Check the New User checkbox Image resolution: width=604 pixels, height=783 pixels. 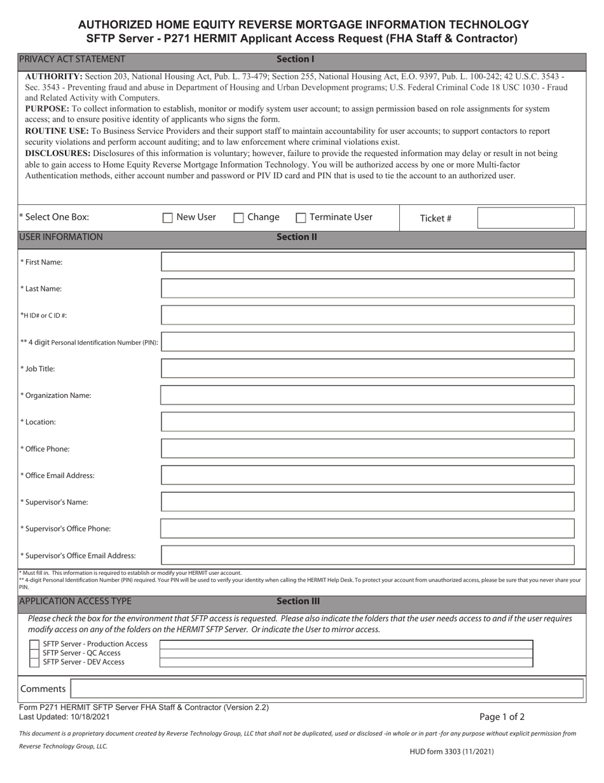point(168,218)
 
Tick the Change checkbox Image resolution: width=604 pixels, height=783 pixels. point(239,218)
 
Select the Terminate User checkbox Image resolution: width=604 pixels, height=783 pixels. point(301,218)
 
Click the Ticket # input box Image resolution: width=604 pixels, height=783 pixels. point(526,218)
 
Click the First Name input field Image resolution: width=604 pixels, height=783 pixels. point(367,262)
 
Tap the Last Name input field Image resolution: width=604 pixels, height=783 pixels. point(367,288)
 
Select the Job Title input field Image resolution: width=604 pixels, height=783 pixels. point(367,369)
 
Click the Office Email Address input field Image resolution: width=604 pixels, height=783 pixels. point(367,476)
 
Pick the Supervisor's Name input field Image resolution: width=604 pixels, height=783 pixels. point(367,502)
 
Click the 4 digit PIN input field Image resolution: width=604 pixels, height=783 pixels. point(367,342)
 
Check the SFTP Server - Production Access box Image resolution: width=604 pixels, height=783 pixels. point(34,644)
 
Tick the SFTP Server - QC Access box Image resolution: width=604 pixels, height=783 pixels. point(34,653)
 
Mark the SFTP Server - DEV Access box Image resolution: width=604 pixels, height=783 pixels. point(34,662)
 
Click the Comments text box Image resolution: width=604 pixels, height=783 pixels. point(327,689)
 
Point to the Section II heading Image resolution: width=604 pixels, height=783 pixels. point(296,237)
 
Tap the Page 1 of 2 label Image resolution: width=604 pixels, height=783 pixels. point(502,717)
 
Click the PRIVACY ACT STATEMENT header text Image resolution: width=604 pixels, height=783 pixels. point(72,59)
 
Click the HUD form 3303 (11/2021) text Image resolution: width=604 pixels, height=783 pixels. point(451,751)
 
